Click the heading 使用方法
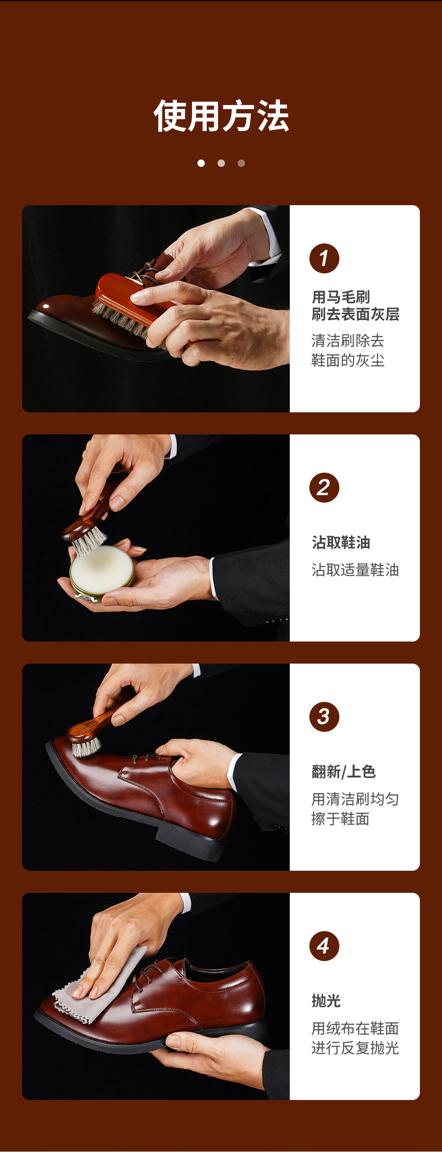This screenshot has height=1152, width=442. pyautogui.click(x=221, y=116)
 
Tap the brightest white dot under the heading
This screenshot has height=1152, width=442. pyautogui.click(x=201, y=163)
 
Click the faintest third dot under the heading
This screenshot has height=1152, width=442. pyautogui.click(x=241, y=163)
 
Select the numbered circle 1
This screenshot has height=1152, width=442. pyautogui.click(x=324, y=258)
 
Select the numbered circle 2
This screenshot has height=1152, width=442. pyautogui.click(x=324, y=487)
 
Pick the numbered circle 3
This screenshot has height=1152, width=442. pyautogui.click(x=324, y=717)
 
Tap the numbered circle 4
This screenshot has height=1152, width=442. pyautogui.click(x=324, y=946)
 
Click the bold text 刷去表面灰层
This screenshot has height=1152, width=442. pyautogui.click(x=355, y=314)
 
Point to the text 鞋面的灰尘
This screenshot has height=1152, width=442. pyautogui.click(x=348, y=360)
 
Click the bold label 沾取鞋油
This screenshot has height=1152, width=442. pyautogui.click(x=341, y=542)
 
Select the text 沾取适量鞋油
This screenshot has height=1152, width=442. pyautogui.click(x=355, y=570)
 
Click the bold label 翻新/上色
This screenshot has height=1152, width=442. pyautogui.click(x=343, y=772)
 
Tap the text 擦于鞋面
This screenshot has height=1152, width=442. pyautogui.click(x=340, y=819)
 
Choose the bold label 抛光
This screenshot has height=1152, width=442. pyautogui.click(x=326, y=1001)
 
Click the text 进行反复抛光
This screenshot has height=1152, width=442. pyautogui.click(x=355, y=1048)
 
